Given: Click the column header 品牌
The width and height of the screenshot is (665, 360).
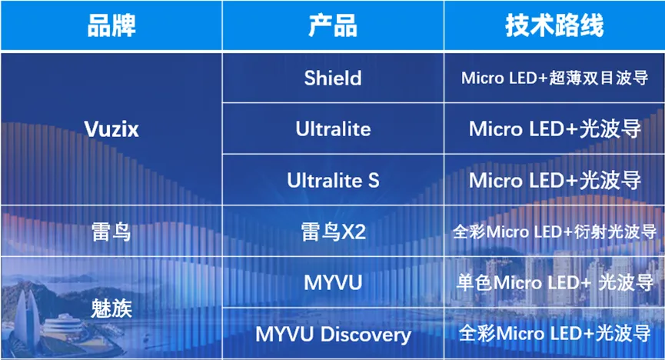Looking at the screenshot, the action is click(111, 25).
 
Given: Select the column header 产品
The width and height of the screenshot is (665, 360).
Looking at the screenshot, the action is click(333, 25).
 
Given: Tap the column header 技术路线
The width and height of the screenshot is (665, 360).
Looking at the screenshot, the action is click(554, 25).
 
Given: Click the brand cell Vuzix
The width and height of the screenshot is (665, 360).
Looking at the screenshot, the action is click(111, 129).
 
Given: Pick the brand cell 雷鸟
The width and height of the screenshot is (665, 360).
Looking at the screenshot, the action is click(111, 232).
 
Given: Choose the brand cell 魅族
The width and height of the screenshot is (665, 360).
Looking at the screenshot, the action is click(111, 308).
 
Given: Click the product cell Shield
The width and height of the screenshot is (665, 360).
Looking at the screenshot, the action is click(333, 78).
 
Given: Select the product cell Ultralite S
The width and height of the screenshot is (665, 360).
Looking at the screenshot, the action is click(333, 181).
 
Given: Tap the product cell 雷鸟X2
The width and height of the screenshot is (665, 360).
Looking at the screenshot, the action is click(334, 232).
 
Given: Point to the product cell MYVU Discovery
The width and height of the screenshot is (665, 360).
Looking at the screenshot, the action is click(334, 335).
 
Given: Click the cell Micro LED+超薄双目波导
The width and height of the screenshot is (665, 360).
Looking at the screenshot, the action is click(555, 78).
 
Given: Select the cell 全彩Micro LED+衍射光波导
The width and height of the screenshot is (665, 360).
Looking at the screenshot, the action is click(555, 232).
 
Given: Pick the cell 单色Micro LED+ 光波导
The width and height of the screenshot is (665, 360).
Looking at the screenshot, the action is click(555, 283).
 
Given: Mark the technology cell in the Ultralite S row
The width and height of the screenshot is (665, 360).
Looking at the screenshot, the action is click(555, 181).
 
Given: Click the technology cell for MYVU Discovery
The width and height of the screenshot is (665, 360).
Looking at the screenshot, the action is click(555, 334).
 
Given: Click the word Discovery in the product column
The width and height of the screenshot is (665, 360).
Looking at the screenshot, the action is click(366, 335).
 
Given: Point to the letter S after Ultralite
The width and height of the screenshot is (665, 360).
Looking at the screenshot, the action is click(374, 181).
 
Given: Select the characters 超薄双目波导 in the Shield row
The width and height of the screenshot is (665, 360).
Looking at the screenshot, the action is click(599, 78).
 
